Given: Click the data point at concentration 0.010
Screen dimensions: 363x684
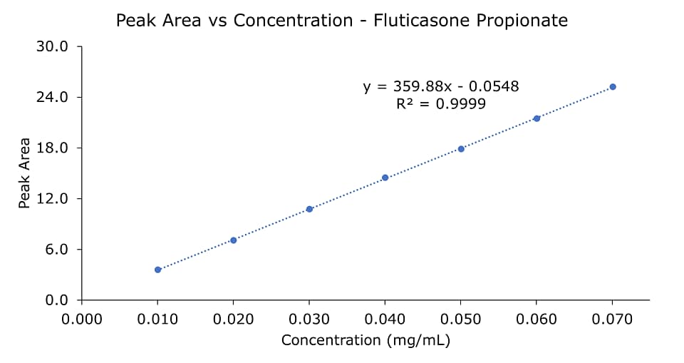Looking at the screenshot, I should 157,270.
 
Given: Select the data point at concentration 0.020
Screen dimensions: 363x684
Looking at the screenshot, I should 233,240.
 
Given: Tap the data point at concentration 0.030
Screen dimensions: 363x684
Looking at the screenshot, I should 309,209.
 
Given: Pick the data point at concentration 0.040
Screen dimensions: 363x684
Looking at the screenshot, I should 385,178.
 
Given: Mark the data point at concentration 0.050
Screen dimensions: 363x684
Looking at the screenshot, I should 461,148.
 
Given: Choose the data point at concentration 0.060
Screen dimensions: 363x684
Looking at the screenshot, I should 537,118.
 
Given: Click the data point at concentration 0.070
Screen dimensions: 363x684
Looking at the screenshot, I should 612,87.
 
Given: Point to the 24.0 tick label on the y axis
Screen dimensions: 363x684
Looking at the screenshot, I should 53,97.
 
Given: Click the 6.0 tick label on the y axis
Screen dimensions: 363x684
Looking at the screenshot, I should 56,250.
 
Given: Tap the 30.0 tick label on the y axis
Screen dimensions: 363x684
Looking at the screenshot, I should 53,47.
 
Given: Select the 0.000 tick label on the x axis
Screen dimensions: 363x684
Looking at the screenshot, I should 82,318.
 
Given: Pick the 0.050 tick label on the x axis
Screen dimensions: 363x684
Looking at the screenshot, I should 461,318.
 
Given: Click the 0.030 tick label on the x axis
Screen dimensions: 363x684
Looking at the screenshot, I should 309,318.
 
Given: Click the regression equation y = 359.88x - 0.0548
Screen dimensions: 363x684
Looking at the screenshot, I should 441,87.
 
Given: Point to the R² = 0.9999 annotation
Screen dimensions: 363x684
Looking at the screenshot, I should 441,104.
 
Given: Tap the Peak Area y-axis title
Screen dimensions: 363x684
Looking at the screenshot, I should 25,173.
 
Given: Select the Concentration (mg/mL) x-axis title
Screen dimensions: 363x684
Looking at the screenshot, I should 366,340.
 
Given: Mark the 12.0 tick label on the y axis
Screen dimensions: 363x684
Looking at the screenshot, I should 53,198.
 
